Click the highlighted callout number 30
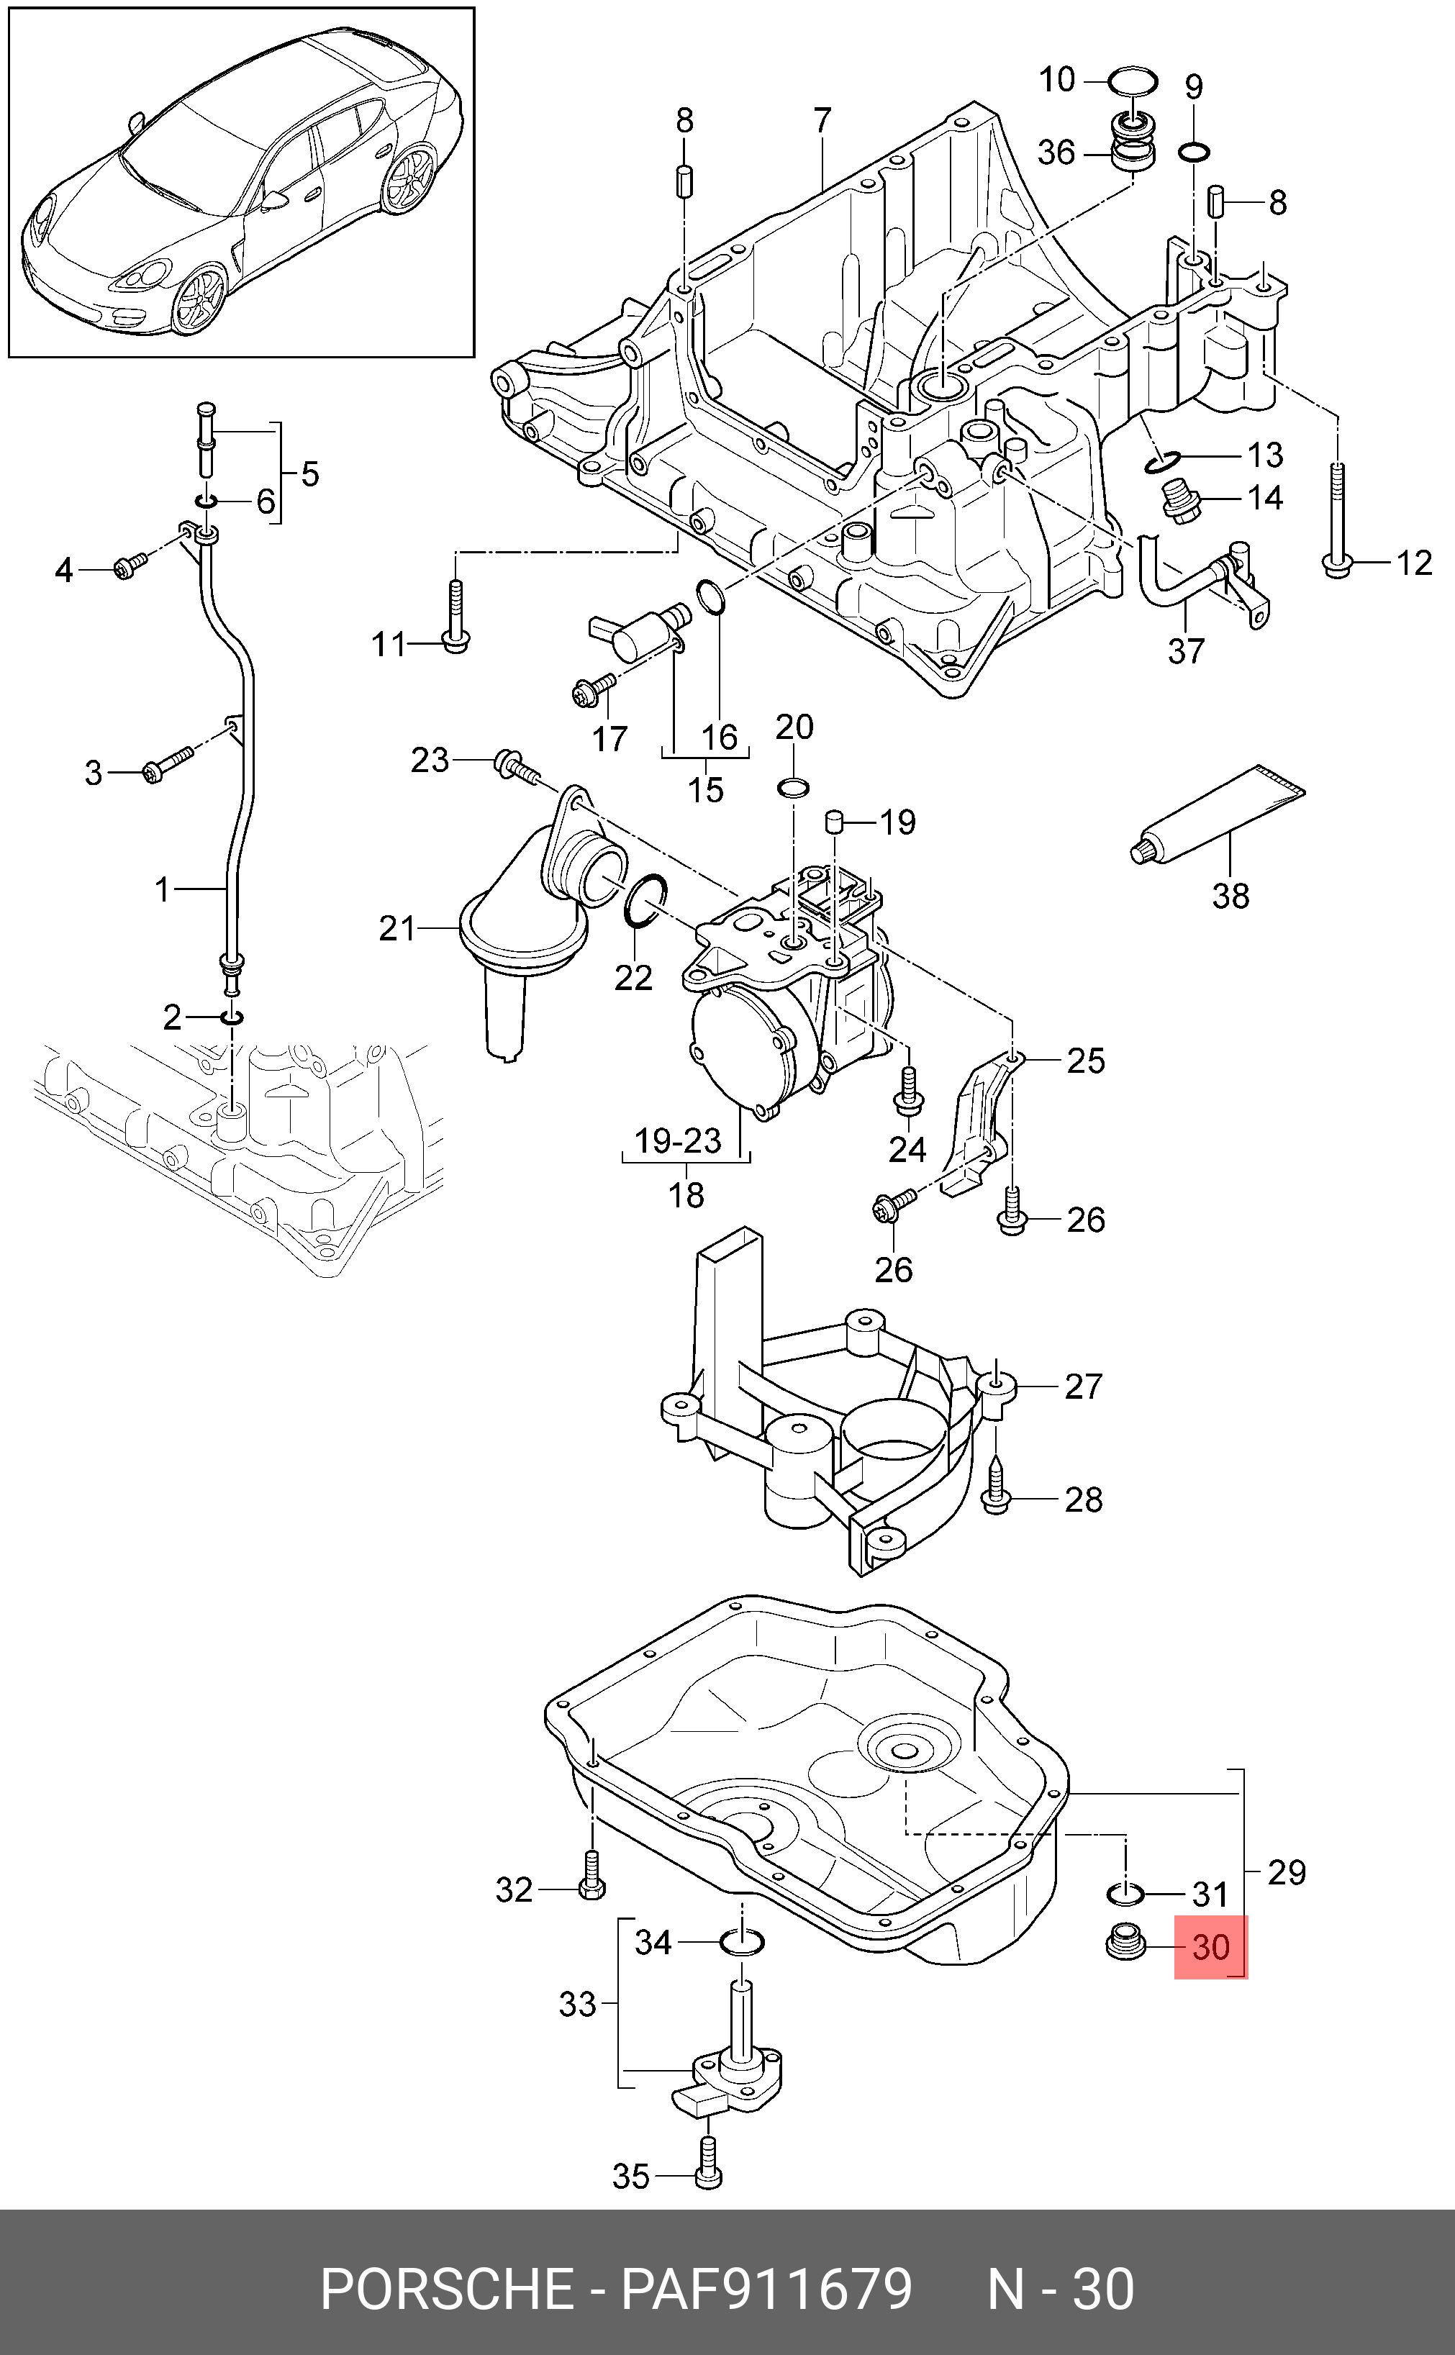[1210, 1948]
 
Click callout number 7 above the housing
[822, 120]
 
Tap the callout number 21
[396, 930]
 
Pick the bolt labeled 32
[591, 1877]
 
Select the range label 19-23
[677, 1141]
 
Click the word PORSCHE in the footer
[448, 2290]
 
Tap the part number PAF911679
[766, 2290]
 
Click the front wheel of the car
[198, 298]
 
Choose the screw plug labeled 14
[1182, 502]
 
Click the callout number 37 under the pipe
[1186, 651]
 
